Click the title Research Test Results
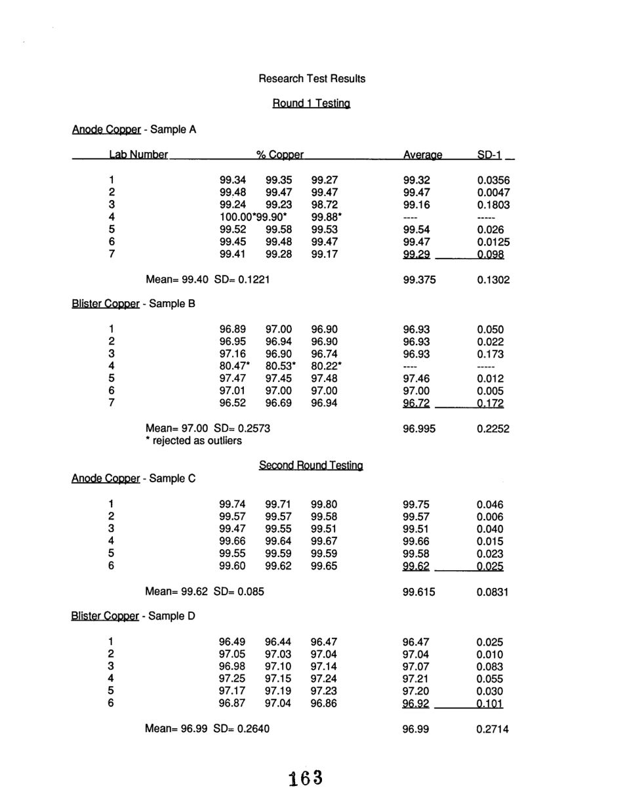coord(312,79)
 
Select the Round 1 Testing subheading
coord(311,104)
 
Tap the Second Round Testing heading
coord(311,465)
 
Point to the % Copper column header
coord(280,155)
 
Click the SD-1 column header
coord(489,155)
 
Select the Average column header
coord(422,155)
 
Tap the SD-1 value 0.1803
coord(493,205)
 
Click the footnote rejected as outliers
coord(193,441)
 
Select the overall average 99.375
coord(419,279)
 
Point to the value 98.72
coord(324,205)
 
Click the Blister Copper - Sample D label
coord(134,617)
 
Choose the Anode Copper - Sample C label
coord(134,479)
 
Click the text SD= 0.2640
coord(242,729)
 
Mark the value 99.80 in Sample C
coord(324,505)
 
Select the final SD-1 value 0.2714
coord(493,729)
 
